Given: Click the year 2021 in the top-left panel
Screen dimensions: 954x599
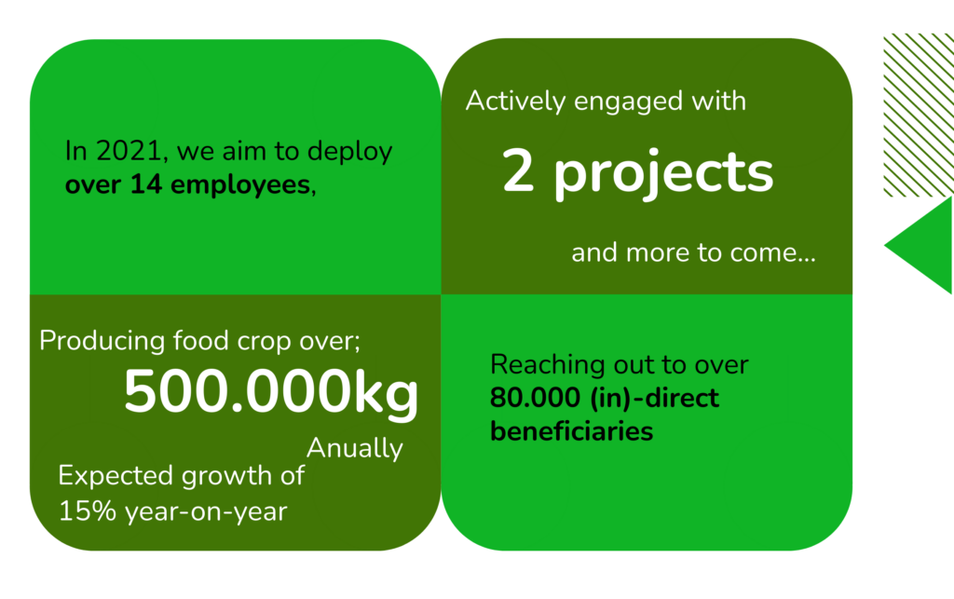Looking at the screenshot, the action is pyautogui.click(x=129, y=151).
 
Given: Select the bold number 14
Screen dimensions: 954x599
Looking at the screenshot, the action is pyautogui.click(x=146, y=184).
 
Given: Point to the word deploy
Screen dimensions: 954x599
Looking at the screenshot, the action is pyautogui.click(x=349, y=152).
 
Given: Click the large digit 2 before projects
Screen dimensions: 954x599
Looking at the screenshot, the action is pyautogui.click(x=518, y=171).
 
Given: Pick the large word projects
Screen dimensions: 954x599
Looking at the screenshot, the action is pyautogui.click(x=663, y=175).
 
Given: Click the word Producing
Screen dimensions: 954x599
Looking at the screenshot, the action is pyautogui.click(x=102, y=341).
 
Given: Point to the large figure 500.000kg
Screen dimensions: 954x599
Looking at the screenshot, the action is pyautogui.click(x=271, y=393).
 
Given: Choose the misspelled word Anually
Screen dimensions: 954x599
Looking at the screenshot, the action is pyautogui.click(x=355, y=449).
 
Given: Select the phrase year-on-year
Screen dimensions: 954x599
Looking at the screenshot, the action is pyautogui.click(x=206, y=512).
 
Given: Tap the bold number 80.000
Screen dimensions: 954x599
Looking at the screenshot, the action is pyautogui.click(x=535, y=399).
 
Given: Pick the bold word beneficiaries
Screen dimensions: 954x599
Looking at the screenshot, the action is pyautogui.click(x=571, y=431).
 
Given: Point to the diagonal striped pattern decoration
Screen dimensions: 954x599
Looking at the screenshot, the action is pyautogui.click(x=919, y=116).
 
